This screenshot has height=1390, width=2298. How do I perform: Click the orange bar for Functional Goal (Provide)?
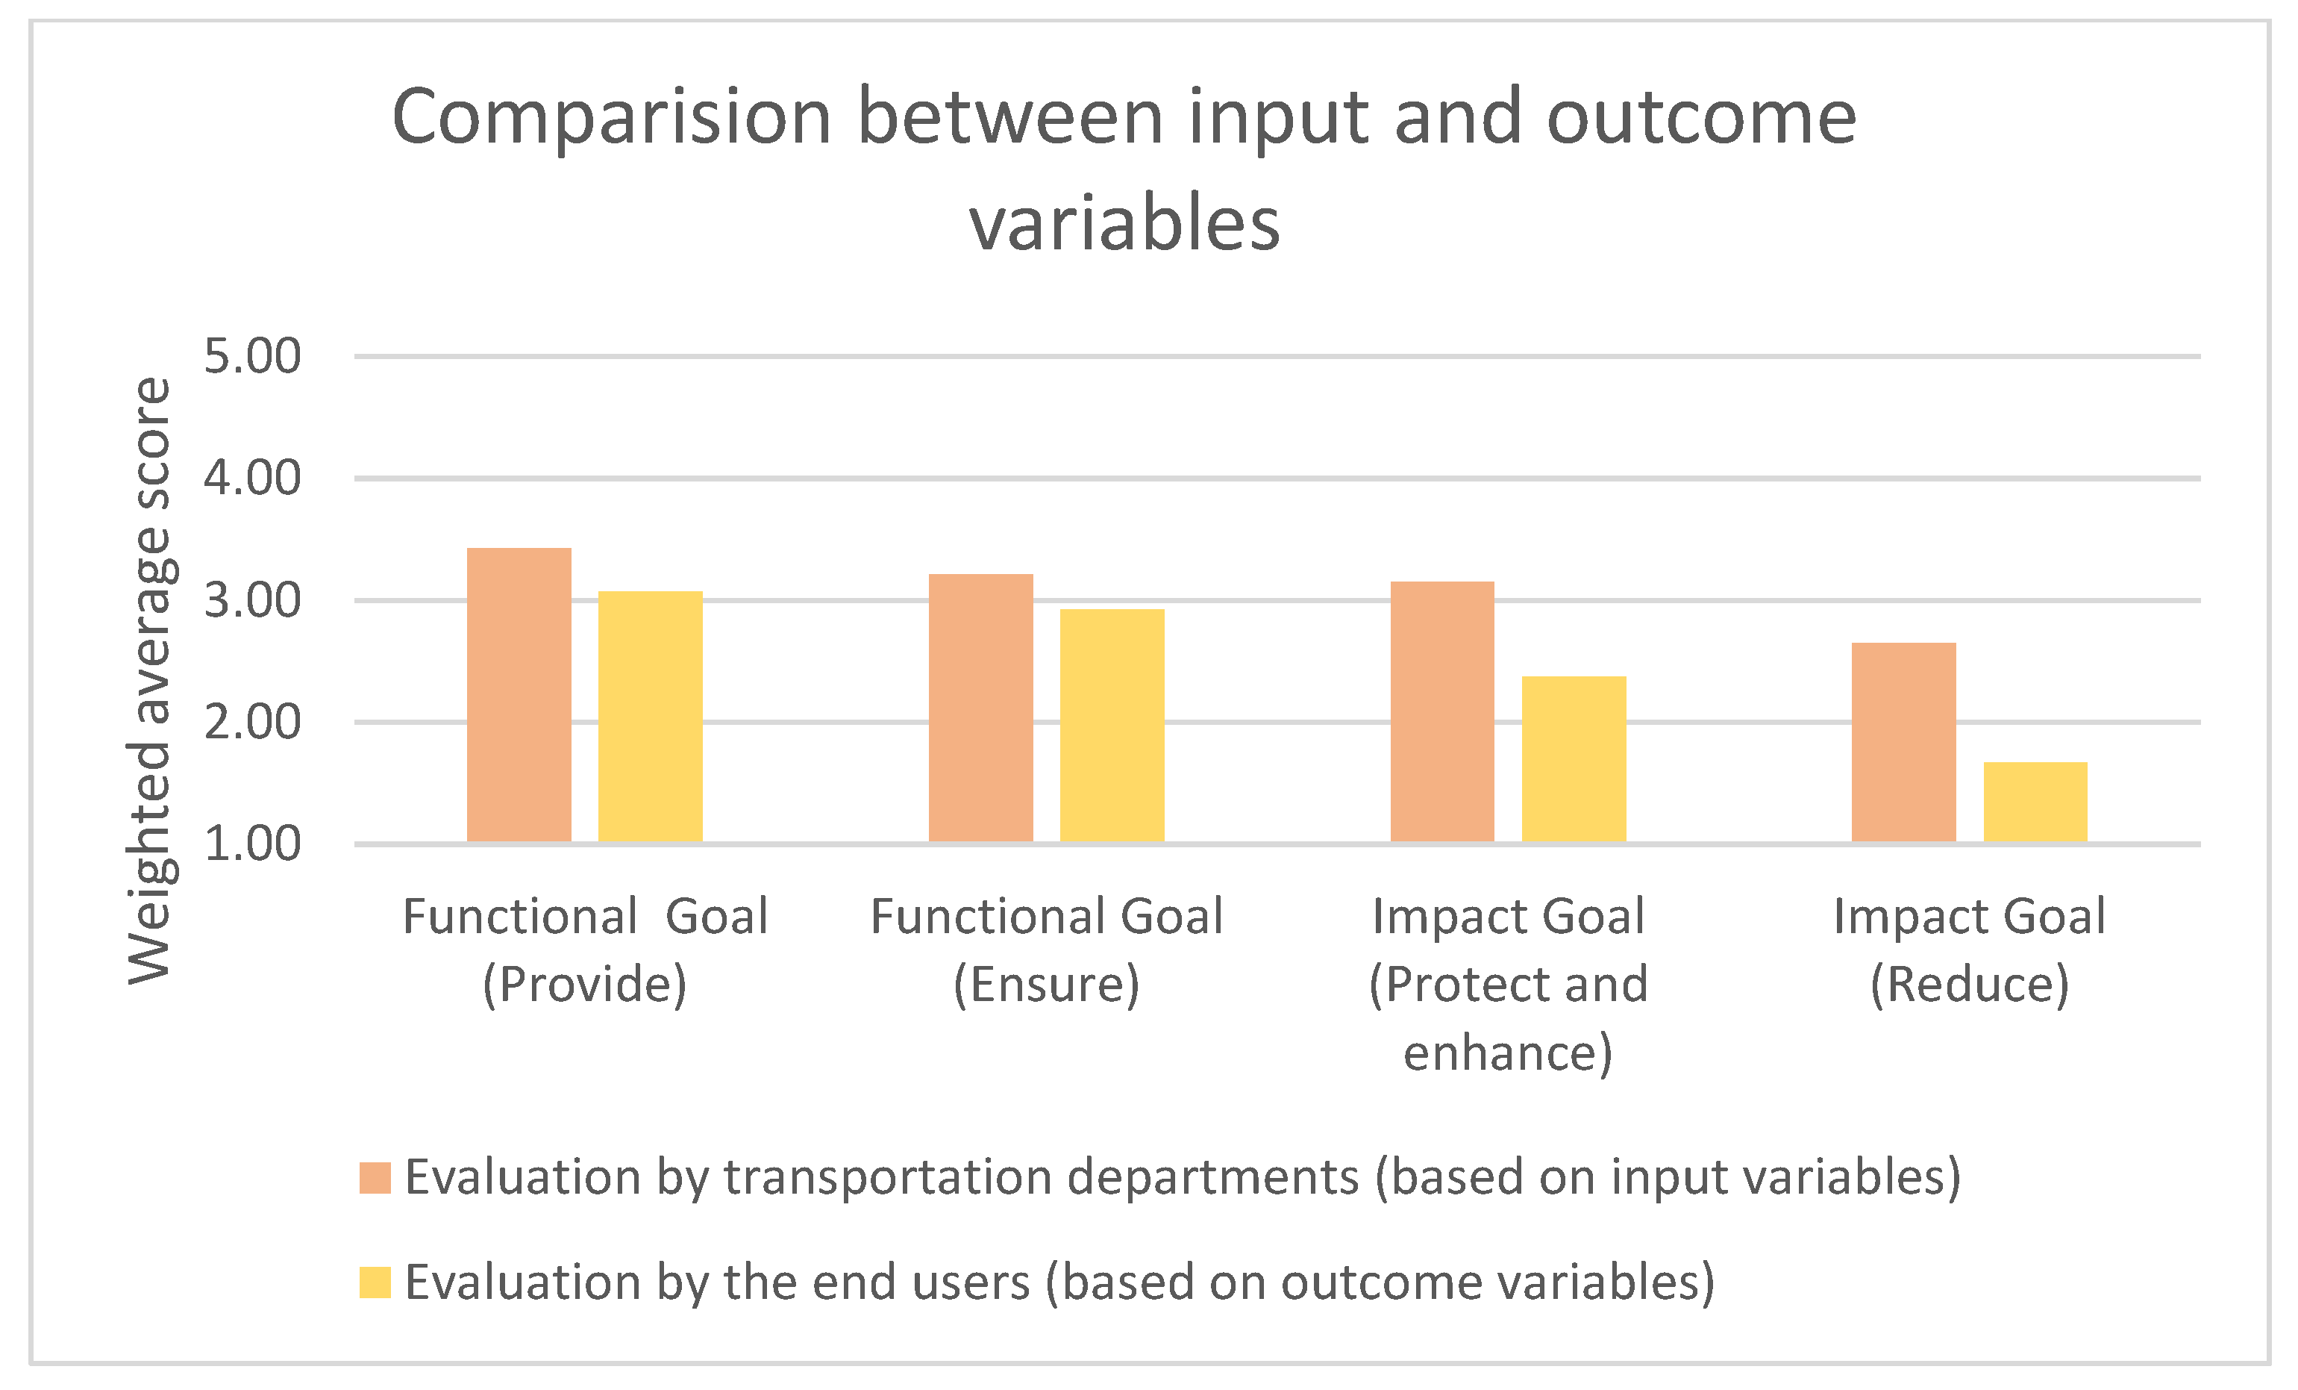519,695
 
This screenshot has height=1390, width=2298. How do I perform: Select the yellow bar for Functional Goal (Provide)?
650,717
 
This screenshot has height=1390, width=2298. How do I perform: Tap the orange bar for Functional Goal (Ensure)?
981,708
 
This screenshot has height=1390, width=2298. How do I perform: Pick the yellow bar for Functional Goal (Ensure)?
1112,726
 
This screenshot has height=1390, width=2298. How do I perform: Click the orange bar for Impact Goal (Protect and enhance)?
1441,711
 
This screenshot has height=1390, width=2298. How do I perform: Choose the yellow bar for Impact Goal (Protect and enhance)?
1574,759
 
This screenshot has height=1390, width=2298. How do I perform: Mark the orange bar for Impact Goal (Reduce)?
1903,743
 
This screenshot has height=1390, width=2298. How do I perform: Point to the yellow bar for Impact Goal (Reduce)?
2035,802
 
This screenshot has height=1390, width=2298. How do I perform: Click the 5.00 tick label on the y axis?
253,356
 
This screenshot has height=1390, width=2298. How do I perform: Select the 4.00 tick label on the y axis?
253,478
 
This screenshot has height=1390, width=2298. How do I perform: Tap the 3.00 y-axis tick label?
253,601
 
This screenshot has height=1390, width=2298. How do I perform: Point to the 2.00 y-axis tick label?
253,722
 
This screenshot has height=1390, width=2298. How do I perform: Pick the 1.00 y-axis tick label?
253,844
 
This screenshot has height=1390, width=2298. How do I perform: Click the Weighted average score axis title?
150,680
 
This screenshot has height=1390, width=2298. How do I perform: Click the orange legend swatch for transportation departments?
375,1177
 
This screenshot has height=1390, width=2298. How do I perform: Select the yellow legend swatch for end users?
375,1282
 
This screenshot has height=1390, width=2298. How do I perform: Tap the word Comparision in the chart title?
612,119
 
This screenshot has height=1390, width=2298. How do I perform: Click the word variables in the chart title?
1125,224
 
